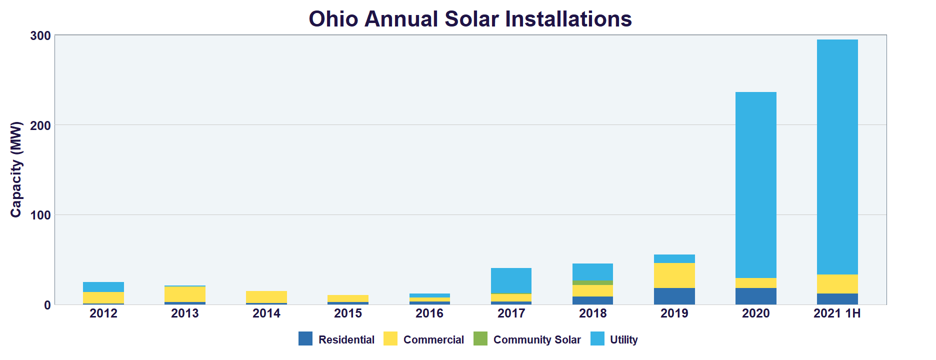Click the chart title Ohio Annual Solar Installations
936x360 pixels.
pyautogui.click(x=470, y=19)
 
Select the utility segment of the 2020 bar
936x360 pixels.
pyautogui.click(x=755, y=185)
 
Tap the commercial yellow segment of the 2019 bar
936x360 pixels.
pyautogui.click(x=674, y=275)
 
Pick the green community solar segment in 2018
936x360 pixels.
pyautogui.click(x=592, y=283)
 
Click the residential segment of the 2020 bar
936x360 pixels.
pyautogui.click(x=755, y=296)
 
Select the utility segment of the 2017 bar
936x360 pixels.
pyautogui.click(x=511, y=280)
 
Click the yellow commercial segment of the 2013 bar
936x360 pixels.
pyautogui.click(x=184, y=294)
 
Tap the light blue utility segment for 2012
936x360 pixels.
pyautogui.click(x=103, y=287)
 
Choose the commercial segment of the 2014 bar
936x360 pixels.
pyautogui.click(x=266, y=297)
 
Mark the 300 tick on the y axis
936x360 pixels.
pyautogui.click(x=40, y=35)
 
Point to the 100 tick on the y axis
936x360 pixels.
pyautogui.click(x=40, y=215)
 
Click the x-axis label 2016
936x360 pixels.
pyautogui.click(x=429, y=313)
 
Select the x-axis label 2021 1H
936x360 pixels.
pyautogui.click(x=837, y=313)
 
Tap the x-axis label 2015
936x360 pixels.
pyautogui.click(x=348, y=313)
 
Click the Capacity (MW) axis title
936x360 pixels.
pyautogui.click(x=16, y=169)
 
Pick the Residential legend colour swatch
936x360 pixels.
pyautogui.click(x=305, y=338)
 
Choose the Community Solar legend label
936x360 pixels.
pyautogui.click(x=537, y=339)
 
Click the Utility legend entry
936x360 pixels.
pyautogui.click(x=623, y=339)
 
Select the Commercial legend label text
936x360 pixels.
pyautogui.click(x=433, y=339)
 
